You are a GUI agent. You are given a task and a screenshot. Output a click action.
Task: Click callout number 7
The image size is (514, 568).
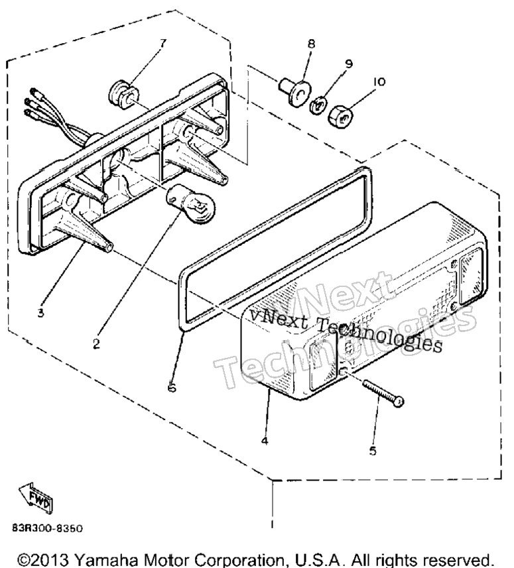[x=162, y=44]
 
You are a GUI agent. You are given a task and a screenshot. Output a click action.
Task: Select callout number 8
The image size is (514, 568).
[x=311, y=44]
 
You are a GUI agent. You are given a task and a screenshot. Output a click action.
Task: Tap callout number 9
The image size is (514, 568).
[x=348, y=64]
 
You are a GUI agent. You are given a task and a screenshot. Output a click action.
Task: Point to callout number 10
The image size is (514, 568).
[x=379, y=82]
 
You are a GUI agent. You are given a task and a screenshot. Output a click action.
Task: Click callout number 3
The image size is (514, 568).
[x=40, y=313]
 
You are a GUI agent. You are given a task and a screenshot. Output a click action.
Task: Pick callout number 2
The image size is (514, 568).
[x=96, y=343]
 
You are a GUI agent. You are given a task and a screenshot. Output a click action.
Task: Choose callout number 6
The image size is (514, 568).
[x=172, y=388]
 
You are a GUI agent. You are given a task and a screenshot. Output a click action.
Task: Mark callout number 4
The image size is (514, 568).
[x=265, y=441]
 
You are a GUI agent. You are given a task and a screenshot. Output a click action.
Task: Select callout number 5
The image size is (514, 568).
[x=373, y=451]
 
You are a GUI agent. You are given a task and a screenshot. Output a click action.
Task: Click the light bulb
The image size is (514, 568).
[x=190, y=203]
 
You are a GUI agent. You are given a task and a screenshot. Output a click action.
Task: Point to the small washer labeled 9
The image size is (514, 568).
[x=318, y=105]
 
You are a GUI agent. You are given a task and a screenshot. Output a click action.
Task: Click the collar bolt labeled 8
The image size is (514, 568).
[x=294, y=92]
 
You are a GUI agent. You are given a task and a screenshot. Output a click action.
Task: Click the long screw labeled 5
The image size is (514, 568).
[x=383, y=392]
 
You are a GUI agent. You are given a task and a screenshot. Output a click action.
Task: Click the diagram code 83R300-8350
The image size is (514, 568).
[x=48, y=528]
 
